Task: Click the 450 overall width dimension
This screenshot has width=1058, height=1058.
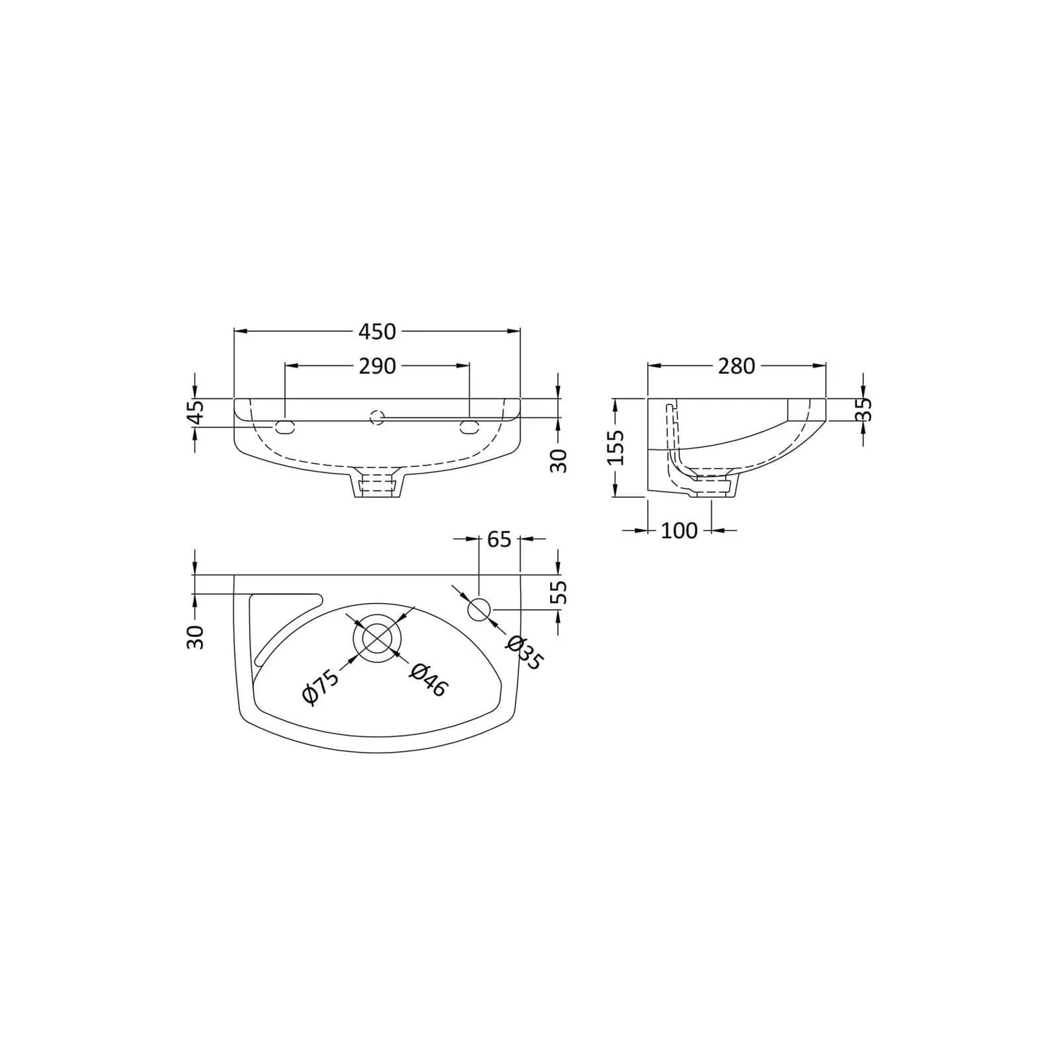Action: click(x=377, y=331)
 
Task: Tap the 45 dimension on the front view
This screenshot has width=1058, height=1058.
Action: click(x=197, y=412)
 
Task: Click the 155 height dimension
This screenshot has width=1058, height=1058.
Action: click(x=616, y=447)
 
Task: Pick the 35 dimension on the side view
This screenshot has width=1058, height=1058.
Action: click(x=866, y=410)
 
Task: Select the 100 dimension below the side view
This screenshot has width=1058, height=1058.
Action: click(x=679, y=530)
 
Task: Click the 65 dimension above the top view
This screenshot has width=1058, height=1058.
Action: click(x=499, y=539)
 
